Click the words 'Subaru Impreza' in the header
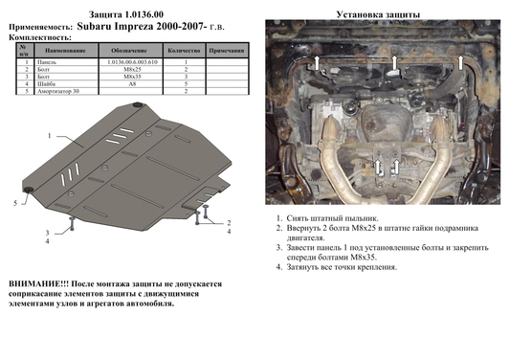(x=124, y=27)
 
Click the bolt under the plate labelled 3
(x=71, y=221)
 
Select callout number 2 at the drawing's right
(x=230, y=223)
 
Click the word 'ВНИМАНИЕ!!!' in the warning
(x=38, y=284)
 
